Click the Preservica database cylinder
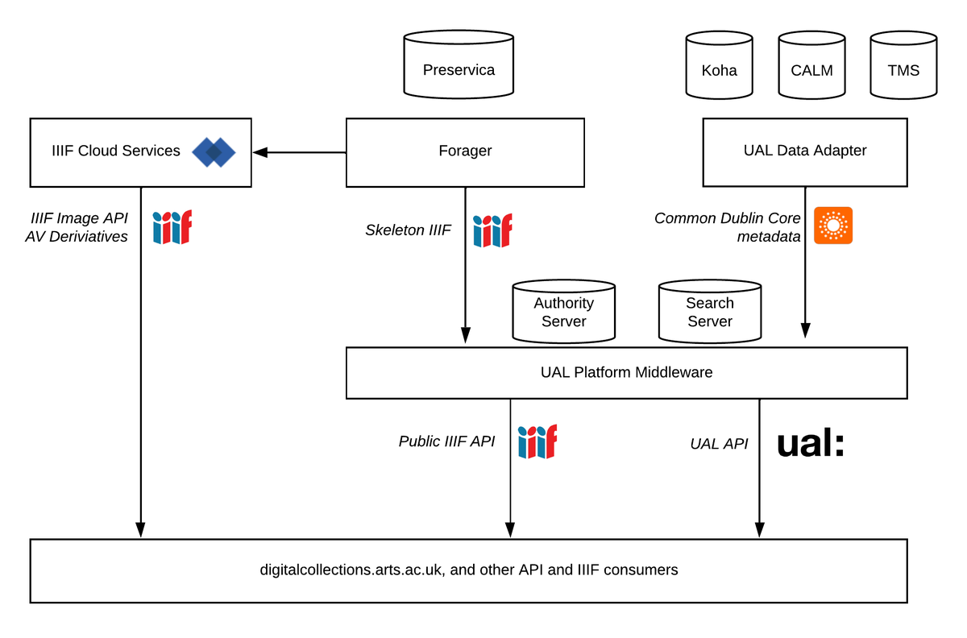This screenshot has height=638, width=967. point(459,65)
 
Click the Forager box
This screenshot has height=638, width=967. point(465,152)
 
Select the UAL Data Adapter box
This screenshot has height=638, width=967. point(804,152)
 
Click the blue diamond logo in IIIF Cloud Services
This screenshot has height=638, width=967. point(214,152)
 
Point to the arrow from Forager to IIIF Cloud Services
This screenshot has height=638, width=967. point(299,152)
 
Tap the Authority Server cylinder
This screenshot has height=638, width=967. point(563,312)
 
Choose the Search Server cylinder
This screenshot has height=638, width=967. point(709,312)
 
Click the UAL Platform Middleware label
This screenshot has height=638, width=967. point(626,372)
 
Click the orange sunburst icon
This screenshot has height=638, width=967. point(832,226)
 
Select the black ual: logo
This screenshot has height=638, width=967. point(810,444)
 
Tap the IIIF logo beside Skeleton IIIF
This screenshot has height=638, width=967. point(492,230)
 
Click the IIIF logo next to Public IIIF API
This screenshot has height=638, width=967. point(537,442)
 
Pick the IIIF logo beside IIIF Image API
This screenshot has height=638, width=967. point(172,227)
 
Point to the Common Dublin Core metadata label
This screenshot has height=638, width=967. point(728,227)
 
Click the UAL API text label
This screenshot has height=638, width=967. point(719,444)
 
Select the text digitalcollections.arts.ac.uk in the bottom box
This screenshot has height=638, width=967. point(351,570)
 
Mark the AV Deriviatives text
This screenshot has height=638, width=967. point(77,237)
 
